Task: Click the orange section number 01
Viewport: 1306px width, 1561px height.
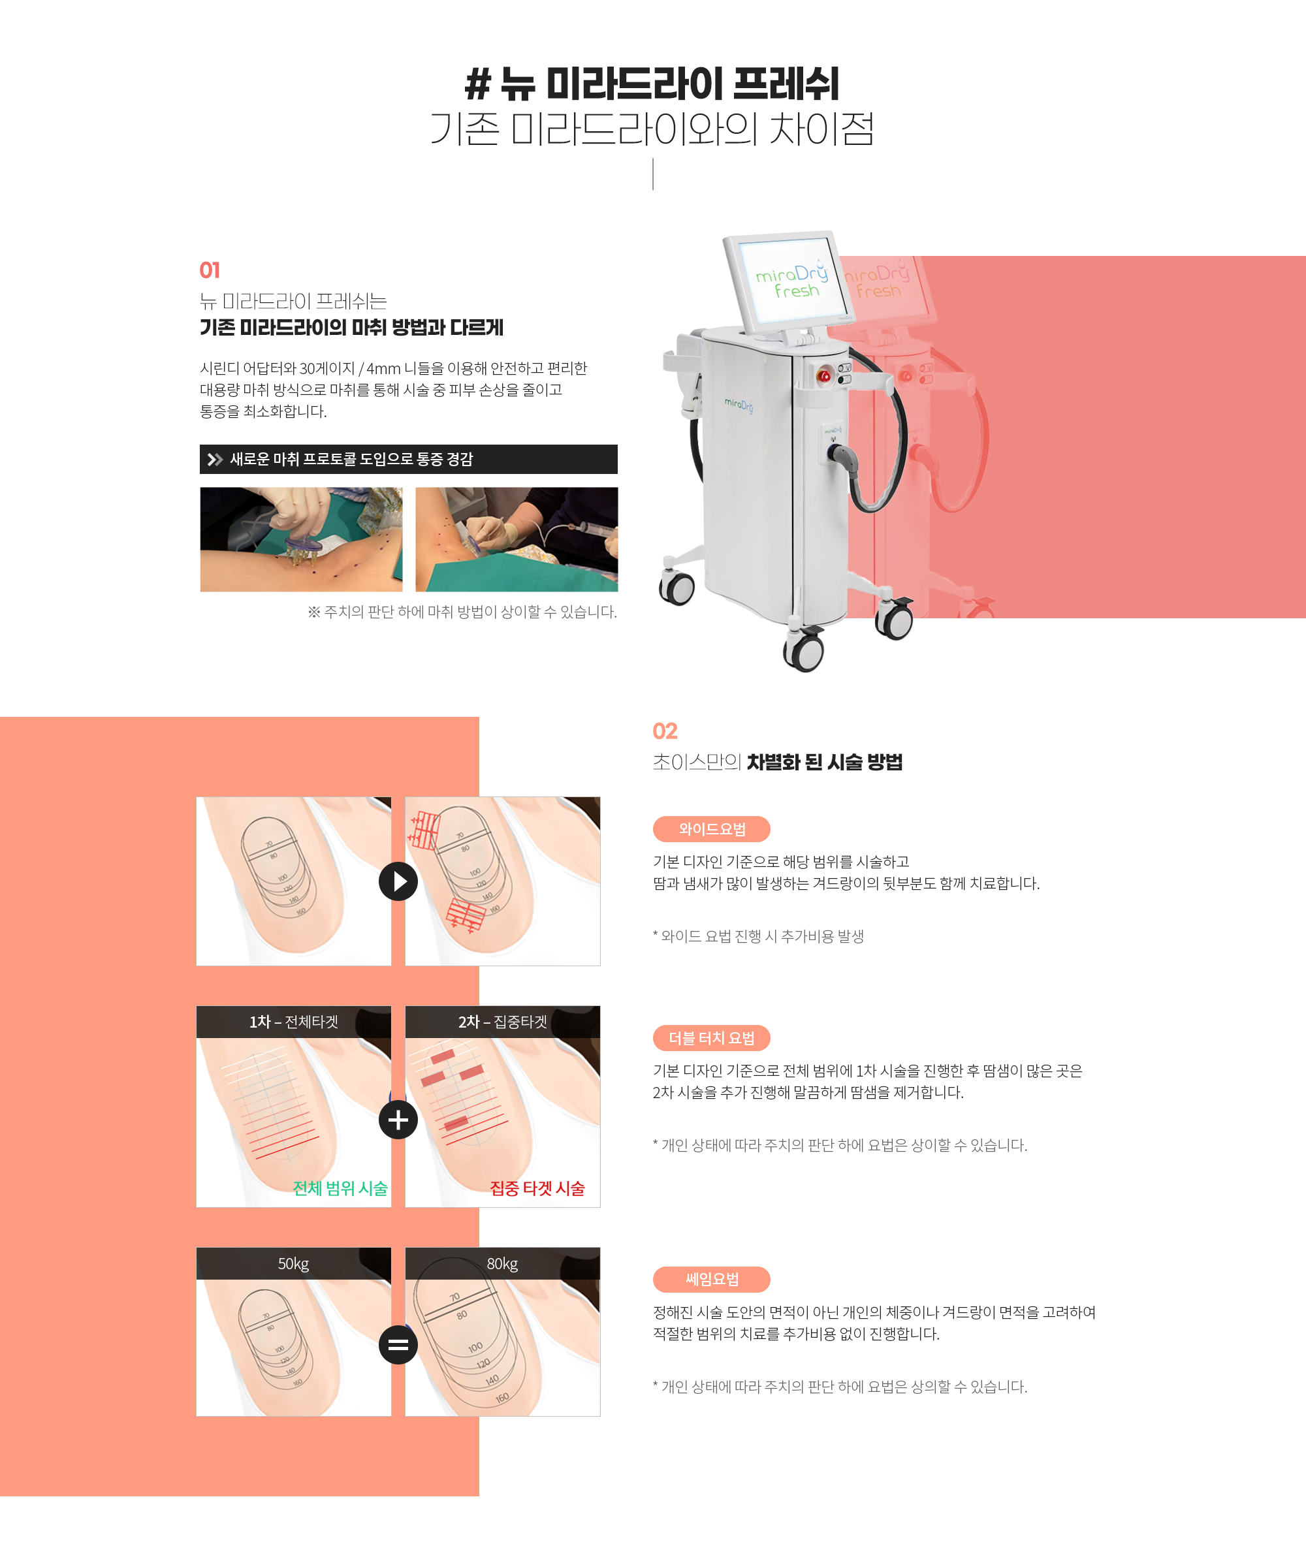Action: [210, 270]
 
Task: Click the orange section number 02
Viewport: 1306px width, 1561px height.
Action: [665, 731]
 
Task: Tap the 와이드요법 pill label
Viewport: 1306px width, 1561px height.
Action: [711, 829]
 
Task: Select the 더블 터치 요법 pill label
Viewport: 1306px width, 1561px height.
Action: [711, 1037]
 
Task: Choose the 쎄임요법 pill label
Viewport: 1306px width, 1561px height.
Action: [711, 1279]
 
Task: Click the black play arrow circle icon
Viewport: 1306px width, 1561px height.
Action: [398, 881]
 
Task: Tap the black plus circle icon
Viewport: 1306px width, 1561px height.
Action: [398, 1120]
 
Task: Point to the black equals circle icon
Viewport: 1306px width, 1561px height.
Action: [398, 1345]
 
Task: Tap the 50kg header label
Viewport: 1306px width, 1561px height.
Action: [294, 1264]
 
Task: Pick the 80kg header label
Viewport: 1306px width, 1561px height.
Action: [502, 1264]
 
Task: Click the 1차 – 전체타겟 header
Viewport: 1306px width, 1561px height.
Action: [294, 1022]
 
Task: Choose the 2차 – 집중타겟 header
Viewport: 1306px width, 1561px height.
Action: [502, 1022]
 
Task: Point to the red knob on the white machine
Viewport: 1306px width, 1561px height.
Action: [824, 375]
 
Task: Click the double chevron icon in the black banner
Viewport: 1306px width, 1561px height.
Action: [215, 460]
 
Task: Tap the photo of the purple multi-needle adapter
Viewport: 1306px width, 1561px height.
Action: [301, 540]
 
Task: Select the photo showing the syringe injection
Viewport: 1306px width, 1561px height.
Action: [517, 540]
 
